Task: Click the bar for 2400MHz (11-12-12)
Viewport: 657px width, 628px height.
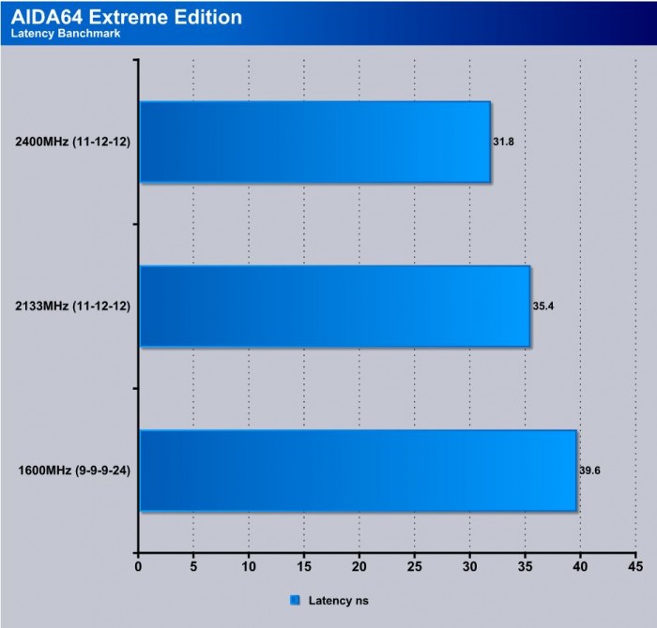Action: coord(314,142)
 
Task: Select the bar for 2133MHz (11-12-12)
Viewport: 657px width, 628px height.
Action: coord(334,307)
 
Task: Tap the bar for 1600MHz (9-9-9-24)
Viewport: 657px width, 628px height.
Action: coord(358,471)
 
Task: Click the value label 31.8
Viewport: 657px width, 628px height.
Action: coord(504,142)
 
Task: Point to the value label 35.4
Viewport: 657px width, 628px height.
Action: coord(544,307)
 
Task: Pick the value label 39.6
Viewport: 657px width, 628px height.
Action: coord(590,471)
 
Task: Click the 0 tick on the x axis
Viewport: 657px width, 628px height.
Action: coord(139,566)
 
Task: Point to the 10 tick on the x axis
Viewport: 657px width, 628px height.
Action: coord(249,566)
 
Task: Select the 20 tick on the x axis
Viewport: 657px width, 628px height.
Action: coord(359,566)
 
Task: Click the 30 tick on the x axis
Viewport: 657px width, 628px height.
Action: coord(470,566)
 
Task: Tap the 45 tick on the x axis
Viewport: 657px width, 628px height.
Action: coord(636,566)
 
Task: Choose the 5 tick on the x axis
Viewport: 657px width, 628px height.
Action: coord(193,566)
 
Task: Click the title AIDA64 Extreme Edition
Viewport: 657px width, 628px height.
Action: coord(126,17)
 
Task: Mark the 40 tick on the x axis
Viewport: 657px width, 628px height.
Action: coord(581,566)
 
